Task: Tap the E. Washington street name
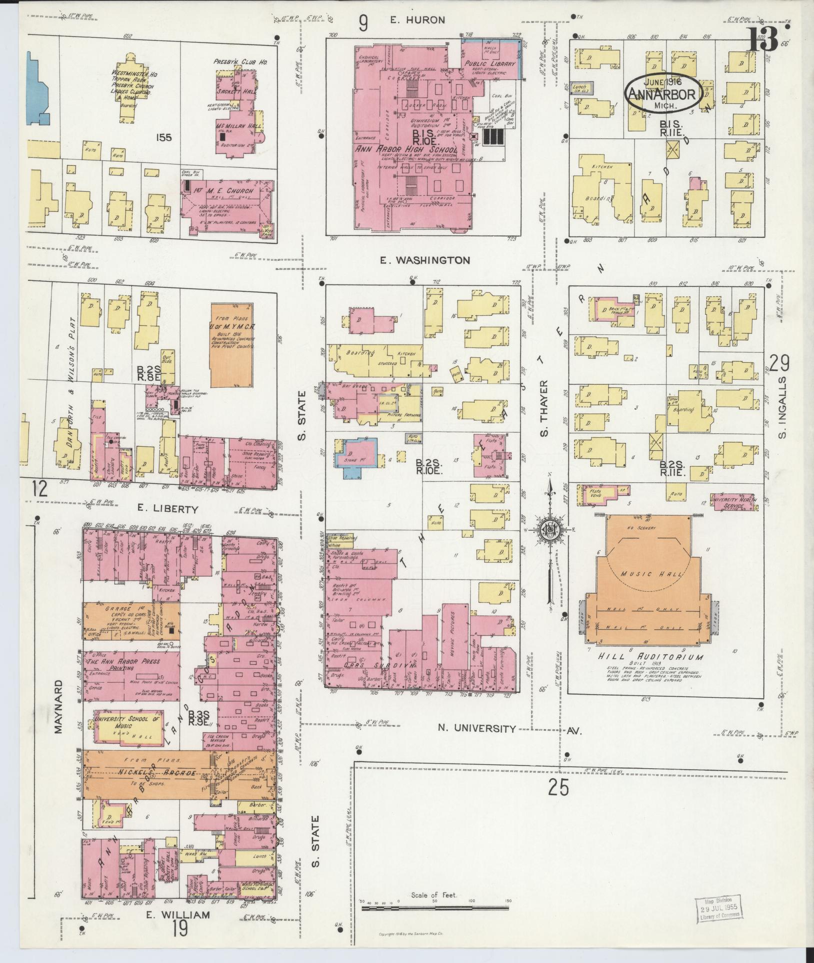click(x=430, y=260)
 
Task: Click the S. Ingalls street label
click(x=783, y=408)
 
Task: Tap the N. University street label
click(x=476, y=729)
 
